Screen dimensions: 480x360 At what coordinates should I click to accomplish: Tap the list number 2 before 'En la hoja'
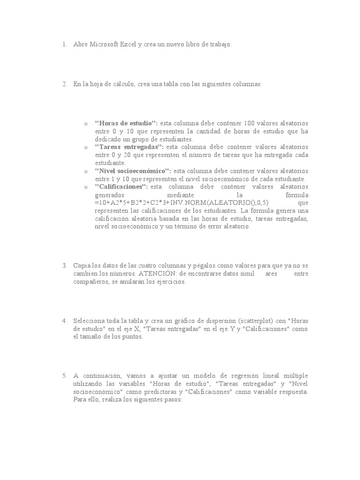(x=64, y=84)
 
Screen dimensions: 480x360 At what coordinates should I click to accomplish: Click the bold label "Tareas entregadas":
(x=129, y=147)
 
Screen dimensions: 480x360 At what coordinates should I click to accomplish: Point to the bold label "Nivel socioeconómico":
(x=133, y=171)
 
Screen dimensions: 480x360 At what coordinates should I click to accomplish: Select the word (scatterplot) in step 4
(x=258, y=321)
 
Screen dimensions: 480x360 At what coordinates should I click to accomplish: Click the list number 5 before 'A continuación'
(x=64, y=376)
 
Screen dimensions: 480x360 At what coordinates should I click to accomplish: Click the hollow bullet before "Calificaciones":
(x=86, y=187)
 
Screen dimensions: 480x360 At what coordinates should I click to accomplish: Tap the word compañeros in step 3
(x=90, y=282)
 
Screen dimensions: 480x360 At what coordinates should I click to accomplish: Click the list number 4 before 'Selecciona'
(x=64, y=321)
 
